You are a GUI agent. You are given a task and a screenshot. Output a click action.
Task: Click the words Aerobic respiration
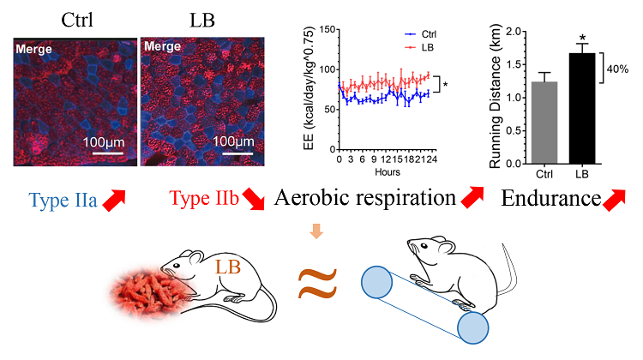pyautogui.click(x=364, y=200)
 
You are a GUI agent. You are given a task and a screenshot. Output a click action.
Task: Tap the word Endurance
pyautogui.click(x=549, y=200)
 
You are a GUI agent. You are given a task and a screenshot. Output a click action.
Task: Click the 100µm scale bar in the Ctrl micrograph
pyautogui.click(x=102, y=155)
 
